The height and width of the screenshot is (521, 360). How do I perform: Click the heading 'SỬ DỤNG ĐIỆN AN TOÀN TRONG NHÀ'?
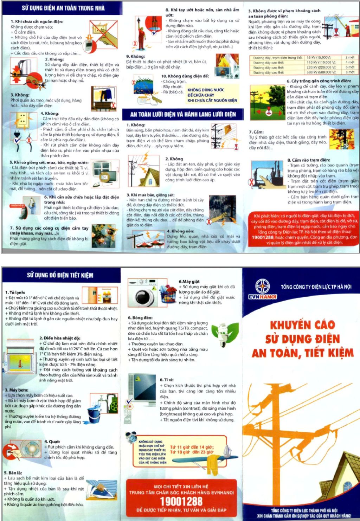click(x=63, y=8)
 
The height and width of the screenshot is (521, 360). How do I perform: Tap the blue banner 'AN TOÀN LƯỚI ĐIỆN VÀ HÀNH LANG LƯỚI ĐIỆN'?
click(x=183, y=114)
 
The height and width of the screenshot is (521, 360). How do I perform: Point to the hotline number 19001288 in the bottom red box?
click(x=181, y=501)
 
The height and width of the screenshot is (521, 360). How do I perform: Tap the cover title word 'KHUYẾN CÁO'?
click(x=302, y=325)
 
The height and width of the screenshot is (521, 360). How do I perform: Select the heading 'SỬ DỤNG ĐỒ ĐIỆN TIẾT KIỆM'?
click(x=60, y=275)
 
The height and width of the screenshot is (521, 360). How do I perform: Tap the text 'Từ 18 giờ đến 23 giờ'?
click(x=192, y=452)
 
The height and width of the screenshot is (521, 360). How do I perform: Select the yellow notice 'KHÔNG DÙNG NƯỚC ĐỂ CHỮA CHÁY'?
click(x=212, y=95)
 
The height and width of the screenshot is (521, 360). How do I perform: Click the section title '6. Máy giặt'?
click(x=189, y=281)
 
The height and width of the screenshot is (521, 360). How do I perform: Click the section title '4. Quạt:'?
click(x=52, y=442)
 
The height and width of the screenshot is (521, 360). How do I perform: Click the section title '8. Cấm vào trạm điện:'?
click(x=308, y=160)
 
